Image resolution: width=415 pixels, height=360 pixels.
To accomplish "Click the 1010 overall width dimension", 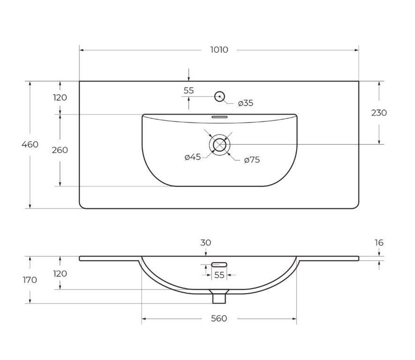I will pos(219,50).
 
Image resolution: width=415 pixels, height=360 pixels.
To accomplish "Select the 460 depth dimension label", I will pos(30,144).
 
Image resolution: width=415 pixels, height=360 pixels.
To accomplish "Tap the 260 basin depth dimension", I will pos(60,150).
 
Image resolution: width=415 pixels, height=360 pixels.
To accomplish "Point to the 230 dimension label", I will pos(379,113).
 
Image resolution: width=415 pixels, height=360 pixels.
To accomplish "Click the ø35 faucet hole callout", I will pos(246,103).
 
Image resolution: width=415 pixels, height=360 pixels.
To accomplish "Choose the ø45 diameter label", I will pos(193,157).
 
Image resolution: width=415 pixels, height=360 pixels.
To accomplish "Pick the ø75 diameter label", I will pos(252,159).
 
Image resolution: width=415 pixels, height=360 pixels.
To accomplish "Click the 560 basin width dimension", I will pos(219,318).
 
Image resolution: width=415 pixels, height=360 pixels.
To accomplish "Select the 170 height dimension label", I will pos(30,280).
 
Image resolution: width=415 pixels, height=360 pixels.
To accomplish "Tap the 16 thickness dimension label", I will pos(379,242).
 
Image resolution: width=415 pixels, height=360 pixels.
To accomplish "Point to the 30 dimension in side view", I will pos(206,242).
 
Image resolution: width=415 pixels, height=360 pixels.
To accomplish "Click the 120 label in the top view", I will pos(60,98).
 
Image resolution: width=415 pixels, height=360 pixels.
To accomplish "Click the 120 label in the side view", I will pos(60,274).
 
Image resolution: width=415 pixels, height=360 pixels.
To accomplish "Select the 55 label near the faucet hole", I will pos(189,90).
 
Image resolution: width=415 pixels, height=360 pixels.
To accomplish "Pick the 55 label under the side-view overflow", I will pos(219,275).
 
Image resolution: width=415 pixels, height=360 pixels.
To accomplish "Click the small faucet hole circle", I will pos(220,96).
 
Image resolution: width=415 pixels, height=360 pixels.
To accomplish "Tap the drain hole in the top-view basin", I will pos(220,144).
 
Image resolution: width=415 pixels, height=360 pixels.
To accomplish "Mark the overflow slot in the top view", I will pos(220,117).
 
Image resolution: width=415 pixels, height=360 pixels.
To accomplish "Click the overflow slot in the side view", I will pos(219,264).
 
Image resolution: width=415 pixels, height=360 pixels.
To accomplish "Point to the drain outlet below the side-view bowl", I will pos(219,297).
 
